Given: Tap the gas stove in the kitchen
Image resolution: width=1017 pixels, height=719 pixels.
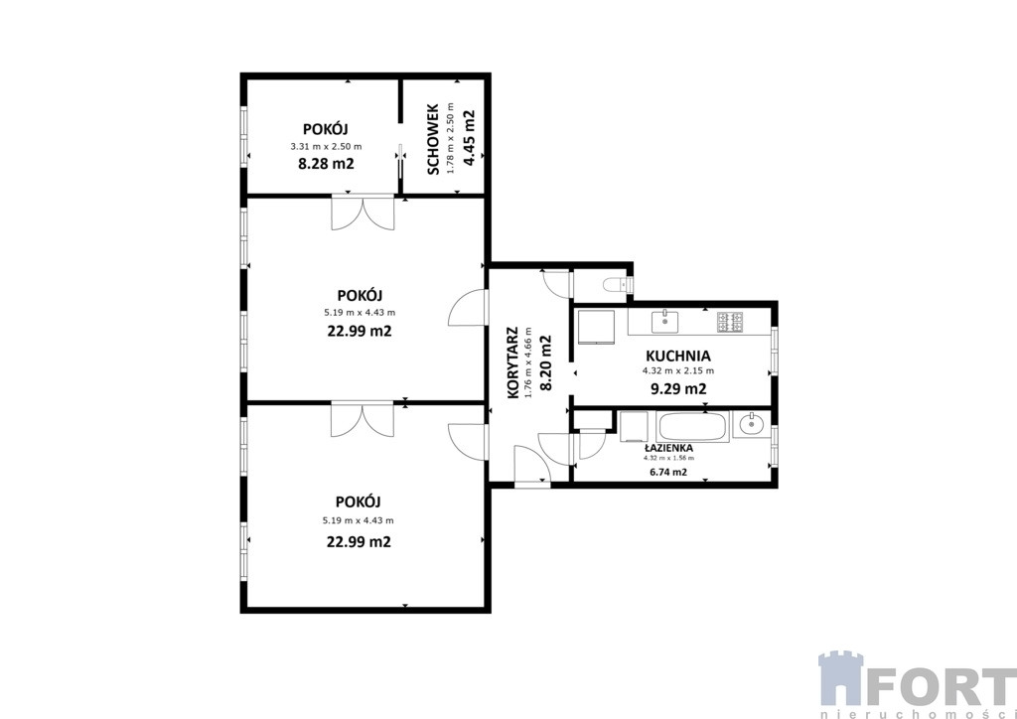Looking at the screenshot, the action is click(730, 322).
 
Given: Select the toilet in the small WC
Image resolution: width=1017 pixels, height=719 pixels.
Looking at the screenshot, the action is click(616, 284).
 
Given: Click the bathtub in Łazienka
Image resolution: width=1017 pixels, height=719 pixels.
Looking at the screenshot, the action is click(692, 427).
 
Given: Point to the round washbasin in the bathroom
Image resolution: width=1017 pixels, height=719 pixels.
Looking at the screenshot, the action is click(753, 425).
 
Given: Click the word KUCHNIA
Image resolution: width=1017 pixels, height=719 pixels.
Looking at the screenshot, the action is click(677, 356).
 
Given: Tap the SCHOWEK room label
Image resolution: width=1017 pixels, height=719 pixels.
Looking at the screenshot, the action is click(434, 139).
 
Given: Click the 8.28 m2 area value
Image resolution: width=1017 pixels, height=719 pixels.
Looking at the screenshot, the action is click(326, 164).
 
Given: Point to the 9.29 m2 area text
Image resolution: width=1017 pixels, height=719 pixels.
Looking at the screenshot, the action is click(677, 389).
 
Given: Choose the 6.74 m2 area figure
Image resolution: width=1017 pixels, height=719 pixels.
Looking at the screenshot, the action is click(668, 472).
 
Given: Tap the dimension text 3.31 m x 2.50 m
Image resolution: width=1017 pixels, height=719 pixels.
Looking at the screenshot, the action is click(326, 147).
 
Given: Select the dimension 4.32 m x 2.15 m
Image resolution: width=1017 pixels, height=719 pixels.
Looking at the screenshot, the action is click(677, 371).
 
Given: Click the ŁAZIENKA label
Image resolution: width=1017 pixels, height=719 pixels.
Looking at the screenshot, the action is click(668, 448).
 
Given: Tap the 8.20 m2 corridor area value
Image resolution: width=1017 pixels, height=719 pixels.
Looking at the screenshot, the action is click(545, 362).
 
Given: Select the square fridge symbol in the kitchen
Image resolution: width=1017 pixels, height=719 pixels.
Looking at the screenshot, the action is click(597, 325).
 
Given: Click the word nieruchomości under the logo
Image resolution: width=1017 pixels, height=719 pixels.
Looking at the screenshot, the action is click(918, 714).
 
